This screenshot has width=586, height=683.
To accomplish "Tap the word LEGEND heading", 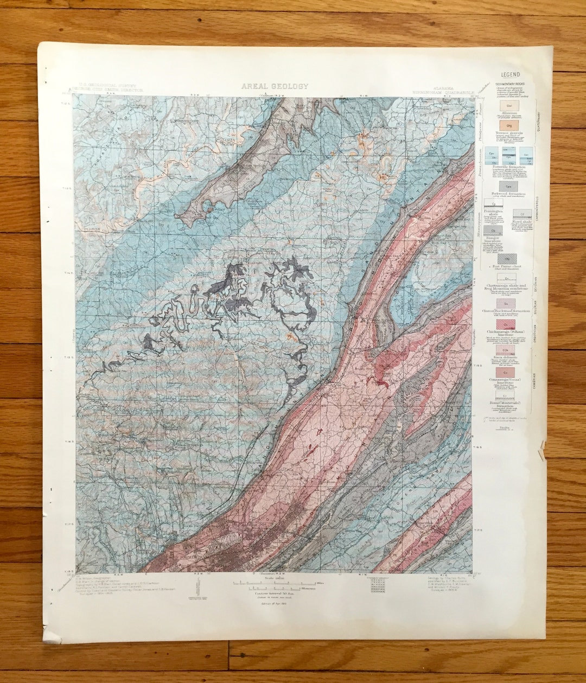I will click(510, 75).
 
